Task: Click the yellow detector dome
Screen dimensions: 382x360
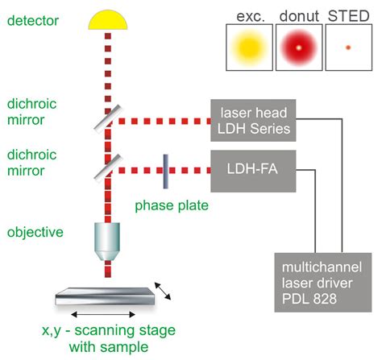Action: [x=108, y=20]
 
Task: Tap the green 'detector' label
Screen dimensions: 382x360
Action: [x=33, y=21]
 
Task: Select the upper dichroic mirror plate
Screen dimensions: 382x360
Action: [x=108, y=119]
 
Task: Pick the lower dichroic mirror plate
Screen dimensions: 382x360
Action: [x=108, y=168]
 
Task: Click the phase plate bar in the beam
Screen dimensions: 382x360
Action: [x=166, y=172]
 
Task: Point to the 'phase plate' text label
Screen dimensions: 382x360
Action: [x=172, y=206]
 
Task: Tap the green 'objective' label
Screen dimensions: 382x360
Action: [x=35, y=232]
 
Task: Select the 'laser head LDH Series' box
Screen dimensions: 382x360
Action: [x=253, y=120]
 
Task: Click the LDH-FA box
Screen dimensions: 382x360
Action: [x=253, y=171]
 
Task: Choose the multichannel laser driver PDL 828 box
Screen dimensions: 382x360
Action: [x=323, y=282]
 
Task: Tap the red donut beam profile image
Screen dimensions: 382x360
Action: [x=299, y=48]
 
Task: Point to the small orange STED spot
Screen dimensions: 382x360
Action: [x=348, y=48]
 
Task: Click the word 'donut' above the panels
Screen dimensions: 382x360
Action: [x=299, y=16]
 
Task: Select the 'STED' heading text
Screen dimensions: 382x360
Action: [x=349, y=16]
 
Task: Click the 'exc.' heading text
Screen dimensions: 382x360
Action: [x=251, y=17]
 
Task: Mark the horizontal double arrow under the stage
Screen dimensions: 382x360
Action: [x=103, y=314]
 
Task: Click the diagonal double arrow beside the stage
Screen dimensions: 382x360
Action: [x=163, y=291]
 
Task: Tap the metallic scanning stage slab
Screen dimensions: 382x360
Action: [x=105, y=296]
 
